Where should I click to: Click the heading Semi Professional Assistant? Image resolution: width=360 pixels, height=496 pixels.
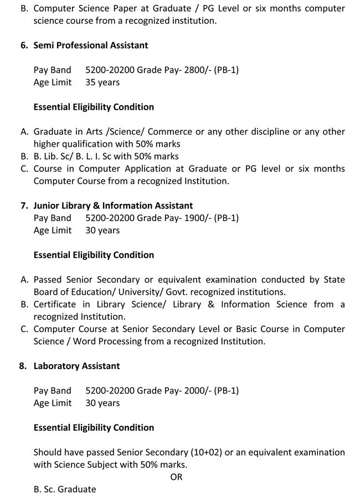(91, 45)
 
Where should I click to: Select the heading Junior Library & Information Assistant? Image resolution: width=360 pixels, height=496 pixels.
(113, 206)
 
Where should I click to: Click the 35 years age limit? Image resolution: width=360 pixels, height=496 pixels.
(102, 83)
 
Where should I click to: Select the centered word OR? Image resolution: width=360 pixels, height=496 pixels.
(176, 477)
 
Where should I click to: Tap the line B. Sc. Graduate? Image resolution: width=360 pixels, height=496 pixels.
(65, 489)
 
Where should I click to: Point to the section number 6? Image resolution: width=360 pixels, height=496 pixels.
(24, 45)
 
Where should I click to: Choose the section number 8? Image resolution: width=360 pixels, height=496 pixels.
(24, 366)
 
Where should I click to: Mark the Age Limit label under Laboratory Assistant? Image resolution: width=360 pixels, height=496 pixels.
(53, 403)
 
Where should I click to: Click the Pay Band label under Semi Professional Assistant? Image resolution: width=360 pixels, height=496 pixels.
(53, 70)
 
